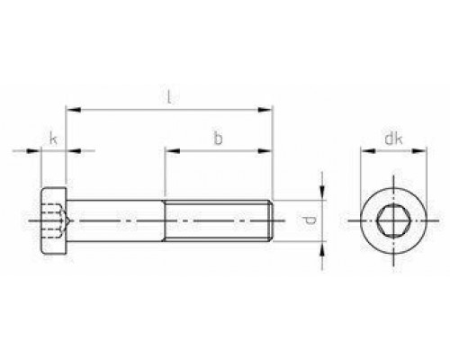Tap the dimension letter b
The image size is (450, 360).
pyautogui.click(x=218, y=139)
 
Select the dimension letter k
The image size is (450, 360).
pyautogui.click(x=53, y=139)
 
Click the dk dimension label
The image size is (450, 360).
pyautogui.click(x=393, y=139)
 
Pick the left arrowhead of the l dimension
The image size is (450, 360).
pyautogui.click(x=74, y=110)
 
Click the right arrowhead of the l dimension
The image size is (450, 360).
pyautogui.click(x=265, y=110)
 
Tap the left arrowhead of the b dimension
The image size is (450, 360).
pyautogui.click(x=173, y=150)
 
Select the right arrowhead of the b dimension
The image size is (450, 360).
pyautogui.click(x=265, y=150)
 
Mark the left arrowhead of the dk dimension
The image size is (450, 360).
pyautogui.click(x=368, y=150)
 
